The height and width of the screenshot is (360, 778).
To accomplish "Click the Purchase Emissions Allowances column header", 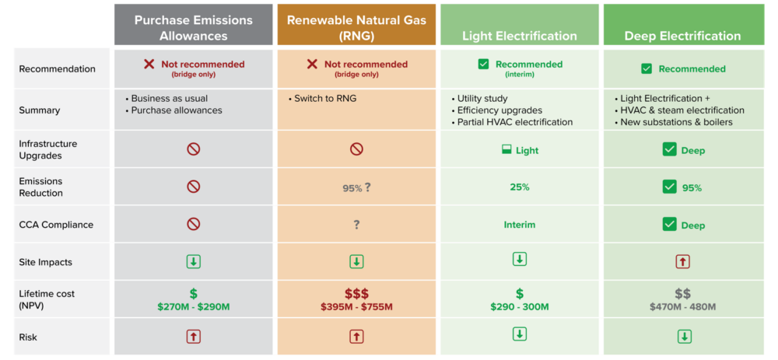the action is (194, 28).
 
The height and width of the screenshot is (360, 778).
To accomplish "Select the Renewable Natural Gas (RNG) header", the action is (356, 28).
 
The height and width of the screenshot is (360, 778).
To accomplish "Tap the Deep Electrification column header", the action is (683, 37).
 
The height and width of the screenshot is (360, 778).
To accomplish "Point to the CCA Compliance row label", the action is (56, 225).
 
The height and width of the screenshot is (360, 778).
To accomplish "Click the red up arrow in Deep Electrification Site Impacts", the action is (683, 261).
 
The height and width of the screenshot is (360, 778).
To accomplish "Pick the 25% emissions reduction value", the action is (520, 187).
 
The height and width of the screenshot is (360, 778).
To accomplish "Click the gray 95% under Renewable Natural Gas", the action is (352, 188).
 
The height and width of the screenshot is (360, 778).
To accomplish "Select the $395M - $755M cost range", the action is (356, 307).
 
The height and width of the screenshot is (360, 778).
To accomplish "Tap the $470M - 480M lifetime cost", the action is (683, 307).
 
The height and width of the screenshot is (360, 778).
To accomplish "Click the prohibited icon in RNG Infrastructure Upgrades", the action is (356, 149).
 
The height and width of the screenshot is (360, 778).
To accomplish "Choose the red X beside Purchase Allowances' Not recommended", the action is (149, 64).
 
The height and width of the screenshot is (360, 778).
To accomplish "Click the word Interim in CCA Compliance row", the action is (520, 225).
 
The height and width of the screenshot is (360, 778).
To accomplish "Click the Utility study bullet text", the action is (479, 98).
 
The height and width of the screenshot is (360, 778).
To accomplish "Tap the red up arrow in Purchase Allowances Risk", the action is (194, 337).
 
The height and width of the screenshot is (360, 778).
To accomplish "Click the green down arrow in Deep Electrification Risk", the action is (684, 337).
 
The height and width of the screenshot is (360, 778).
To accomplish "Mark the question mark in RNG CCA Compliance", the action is (356, 225).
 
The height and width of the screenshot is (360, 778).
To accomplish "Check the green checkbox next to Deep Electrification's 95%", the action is (670, 187).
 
